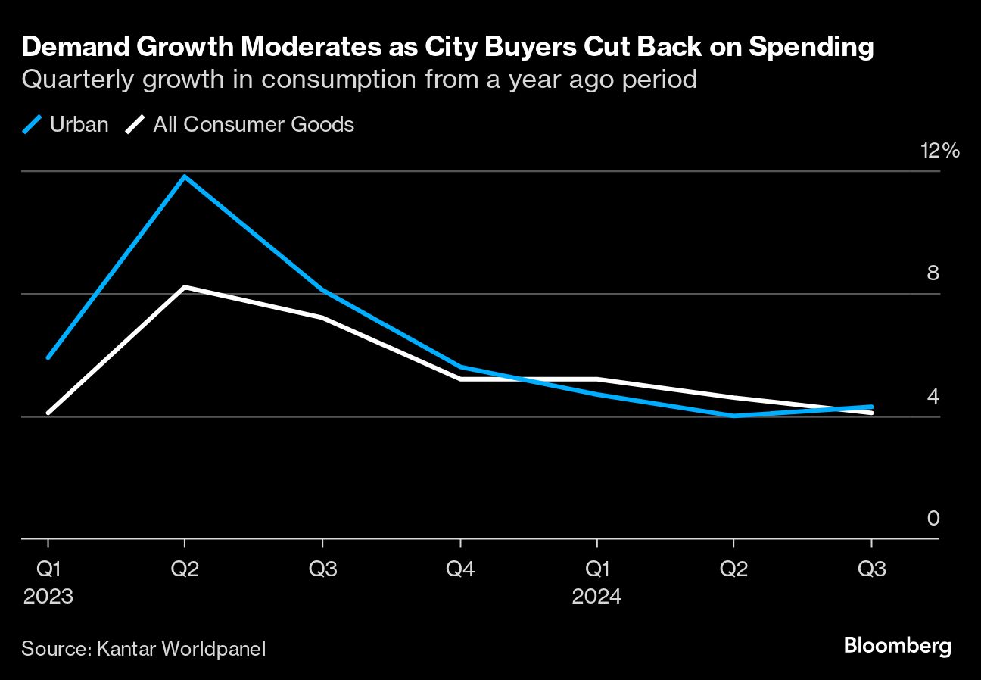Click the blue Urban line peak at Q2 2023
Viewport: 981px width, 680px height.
(185, 176)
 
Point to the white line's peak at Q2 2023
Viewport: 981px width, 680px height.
(185, 287)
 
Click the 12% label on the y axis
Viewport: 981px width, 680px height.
(939, 150)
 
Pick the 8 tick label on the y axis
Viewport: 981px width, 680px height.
(933, 273)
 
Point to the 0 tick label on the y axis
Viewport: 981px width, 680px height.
(933, 519)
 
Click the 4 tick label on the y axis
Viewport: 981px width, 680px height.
(933, 396)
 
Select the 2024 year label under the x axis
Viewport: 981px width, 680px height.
(596, 597)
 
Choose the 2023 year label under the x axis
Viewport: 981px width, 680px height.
(48, 597)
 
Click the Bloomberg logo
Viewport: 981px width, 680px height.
(898, 646)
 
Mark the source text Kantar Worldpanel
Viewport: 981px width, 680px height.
(181, 649)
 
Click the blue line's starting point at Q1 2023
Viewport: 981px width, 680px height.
(48, 357)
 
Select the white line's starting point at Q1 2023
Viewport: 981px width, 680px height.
(48, 413)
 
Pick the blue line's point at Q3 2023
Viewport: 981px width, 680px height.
(322, 290)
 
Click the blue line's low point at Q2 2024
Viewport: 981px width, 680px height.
(733, 416)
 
